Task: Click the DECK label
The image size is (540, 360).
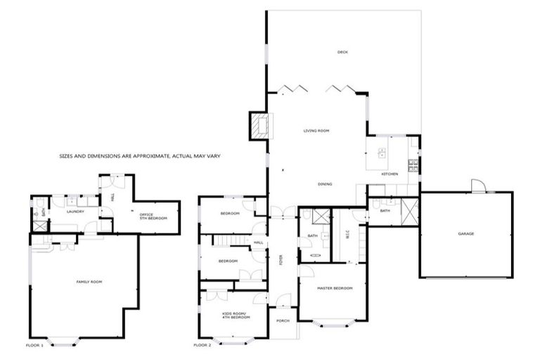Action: coord(342,52)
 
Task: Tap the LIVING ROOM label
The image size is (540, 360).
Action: coord(316,131)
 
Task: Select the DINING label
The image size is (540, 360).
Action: coord(324,184)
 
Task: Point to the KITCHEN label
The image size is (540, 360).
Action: coord(390,174)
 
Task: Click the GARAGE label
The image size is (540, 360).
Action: coord(465,233)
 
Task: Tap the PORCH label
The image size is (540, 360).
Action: coord(283,321)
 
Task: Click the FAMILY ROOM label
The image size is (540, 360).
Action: coord(89,281)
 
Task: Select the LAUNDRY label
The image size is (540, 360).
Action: coord(75,211)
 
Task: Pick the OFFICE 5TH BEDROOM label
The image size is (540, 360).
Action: coord(153,217)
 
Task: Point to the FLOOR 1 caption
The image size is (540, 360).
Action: coord(34,346)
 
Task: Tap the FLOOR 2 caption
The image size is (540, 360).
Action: coord(202,346)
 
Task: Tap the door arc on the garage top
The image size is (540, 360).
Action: coord(478,185)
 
